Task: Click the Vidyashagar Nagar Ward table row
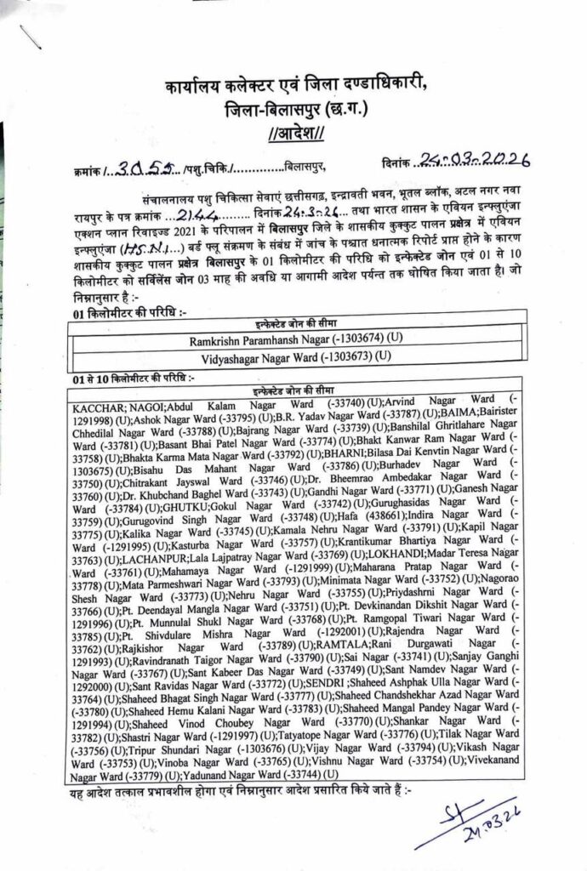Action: [296, 355]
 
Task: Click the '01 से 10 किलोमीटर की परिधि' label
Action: [137, 377]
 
